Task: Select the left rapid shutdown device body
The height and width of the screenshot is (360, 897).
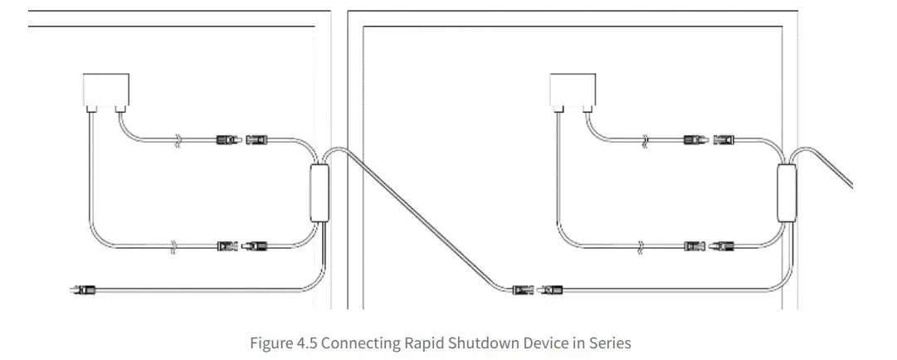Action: coord(319,193)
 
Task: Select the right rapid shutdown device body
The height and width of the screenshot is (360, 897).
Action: coord(787,193)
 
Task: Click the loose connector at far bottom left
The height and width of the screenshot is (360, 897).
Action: coord(84,289)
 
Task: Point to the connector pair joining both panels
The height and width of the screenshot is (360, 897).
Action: coord(536,289)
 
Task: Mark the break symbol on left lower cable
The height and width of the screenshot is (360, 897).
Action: coord(173,246)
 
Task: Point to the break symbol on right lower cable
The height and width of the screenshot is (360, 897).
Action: coord(641,246)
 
